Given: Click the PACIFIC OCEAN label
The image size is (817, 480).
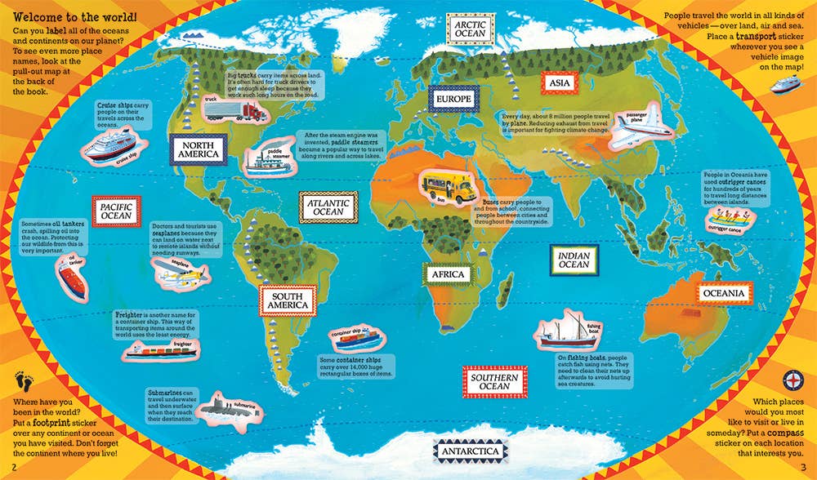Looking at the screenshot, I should [x=117, y=213].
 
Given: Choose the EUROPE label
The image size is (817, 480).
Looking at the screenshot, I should [x=453, y=100].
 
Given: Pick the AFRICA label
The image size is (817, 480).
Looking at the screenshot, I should [x=448, y=275].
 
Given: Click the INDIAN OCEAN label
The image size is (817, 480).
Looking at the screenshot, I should [x=574, y=260].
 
